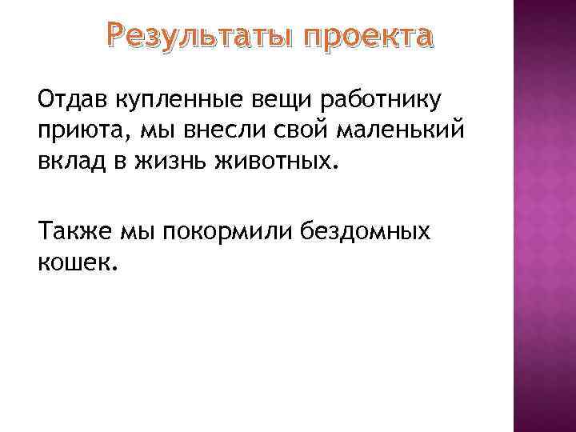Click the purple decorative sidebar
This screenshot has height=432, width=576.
pyautogui.click(x=543, y=216)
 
